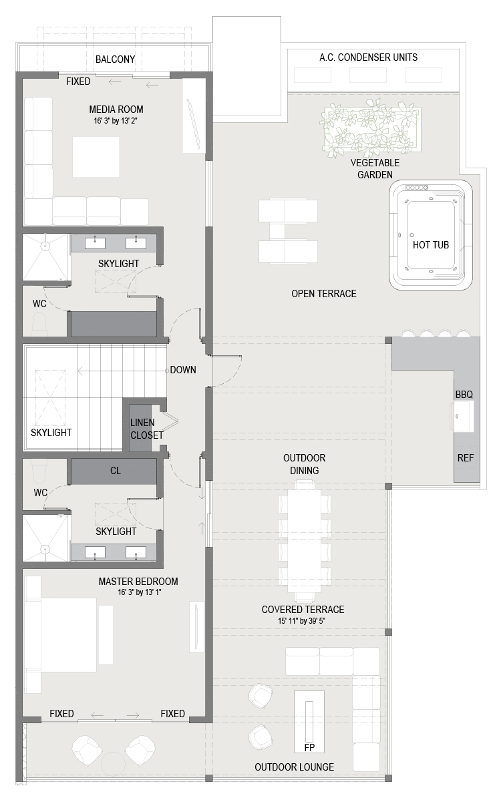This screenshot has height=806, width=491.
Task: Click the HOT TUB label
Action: (430, 245)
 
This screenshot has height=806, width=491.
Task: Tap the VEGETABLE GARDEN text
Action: (375, 169)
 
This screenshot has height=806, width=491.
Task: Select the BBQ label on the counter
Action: (464, 395)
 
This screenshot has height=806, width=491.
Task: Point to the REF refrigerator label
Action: (466, 458)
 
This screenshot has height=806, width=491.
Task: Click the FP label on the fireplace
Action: (309, 748)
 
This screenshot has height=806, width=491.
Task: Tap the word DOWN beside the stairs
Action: (183, 370)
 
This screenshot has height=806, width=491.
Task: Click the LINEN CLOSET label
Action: (146, 429)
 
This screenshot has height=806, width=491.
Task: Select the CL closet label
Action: (115, 471)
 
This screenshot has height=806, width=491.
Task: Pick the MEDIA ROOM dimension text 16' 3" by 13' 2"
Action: (116, 121)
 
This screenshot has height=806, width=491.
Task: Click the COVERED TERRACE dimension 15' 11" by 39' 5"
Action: (302, 620)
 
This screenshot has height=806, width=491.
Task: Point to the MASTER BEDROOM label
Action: (138, 582)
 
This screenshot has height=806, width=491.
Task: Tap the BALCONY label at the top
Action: (115, 59)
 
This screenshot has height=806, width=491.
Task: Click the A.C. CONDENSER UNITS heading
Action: (368, 57)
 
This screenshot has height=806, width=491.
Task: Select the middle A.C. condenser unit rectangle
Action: (368, 75)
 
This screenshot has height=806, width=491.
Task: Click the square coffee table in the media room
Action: (96, 157)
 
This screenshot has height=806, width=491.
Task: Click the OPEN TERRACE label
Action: (323, 294)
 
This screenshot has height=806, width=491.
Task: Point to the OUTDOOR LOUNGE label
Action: (294, 767)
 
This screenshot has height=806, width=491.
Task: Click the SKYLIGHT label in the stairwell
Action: (51, 433)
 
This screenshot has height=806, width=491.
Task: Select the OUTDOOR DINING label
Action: (304, 464)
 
